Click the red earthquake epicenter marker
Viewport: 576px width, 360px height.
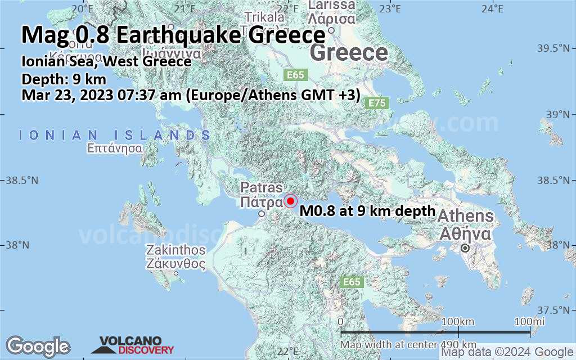click(290, 201)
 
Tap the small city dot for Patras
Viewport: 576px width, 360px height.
click(261, 214)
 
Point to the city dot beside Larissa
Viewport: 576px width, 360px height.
click(331, 30)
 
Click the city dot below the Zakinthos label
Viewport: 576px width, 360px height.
click(176, 273)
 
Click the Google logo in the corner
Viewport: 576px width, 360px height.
click(38, 346)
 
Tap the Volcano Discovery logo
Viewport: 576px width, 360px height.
click(136, 345)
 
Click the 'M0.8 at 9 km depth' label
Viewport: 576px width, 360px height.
click(368, 211)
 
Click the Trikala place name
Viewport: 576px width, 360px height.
click(264, 17)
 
